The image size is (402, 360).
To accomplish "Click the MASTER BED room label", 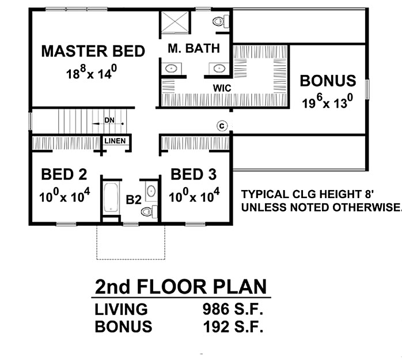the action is click(x=93, y=51).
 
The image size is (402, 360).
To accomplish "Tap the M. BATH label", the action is click(x=194, y=48).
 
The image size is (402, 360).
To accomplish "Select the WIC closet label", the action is click(x=222, y=88).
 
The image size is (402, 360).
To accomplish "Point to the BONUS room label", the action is click(x=328, y=81).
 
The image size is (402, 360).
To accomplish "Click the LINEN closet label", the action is click(x=115, y=141).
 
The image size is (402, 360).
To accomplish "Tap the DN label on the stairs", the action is click(x=109, y=120).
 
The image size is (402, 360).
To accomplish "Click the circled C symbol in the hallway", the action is click(x=222, y=126).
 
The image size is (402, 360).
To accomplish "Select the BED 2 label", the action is click(x=64, y=175).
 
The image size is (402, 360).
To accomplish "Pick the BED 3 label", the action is click(x=194, y=175).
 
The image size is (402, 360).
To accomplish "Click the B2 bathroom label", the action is click(x=134, y=200).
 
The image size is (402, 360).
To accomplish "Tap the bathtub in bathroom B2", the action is click(x=111, y=198).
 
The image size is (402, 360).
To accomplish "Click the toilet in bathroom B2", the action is click(x=149, y=211).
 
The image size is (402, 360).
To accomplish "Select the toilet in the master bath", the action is click(x=221, y=21).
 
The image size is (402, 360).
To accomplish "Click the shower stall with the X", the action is click(x=175, y=22).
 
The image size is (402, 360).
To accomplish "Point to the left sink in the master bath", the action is click(x=171, y=69).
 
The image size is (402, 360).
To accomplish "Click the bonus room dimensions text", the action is click(x=327, y=101).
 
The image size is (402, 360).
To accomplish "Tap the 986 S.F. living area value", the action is click(x=233, y=309).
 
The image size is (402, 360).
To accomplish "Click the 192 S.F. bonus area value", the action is click(x=233, y=327).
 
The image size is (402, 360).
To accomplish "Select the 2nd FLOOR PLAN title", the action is click(x=181, y=287).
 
